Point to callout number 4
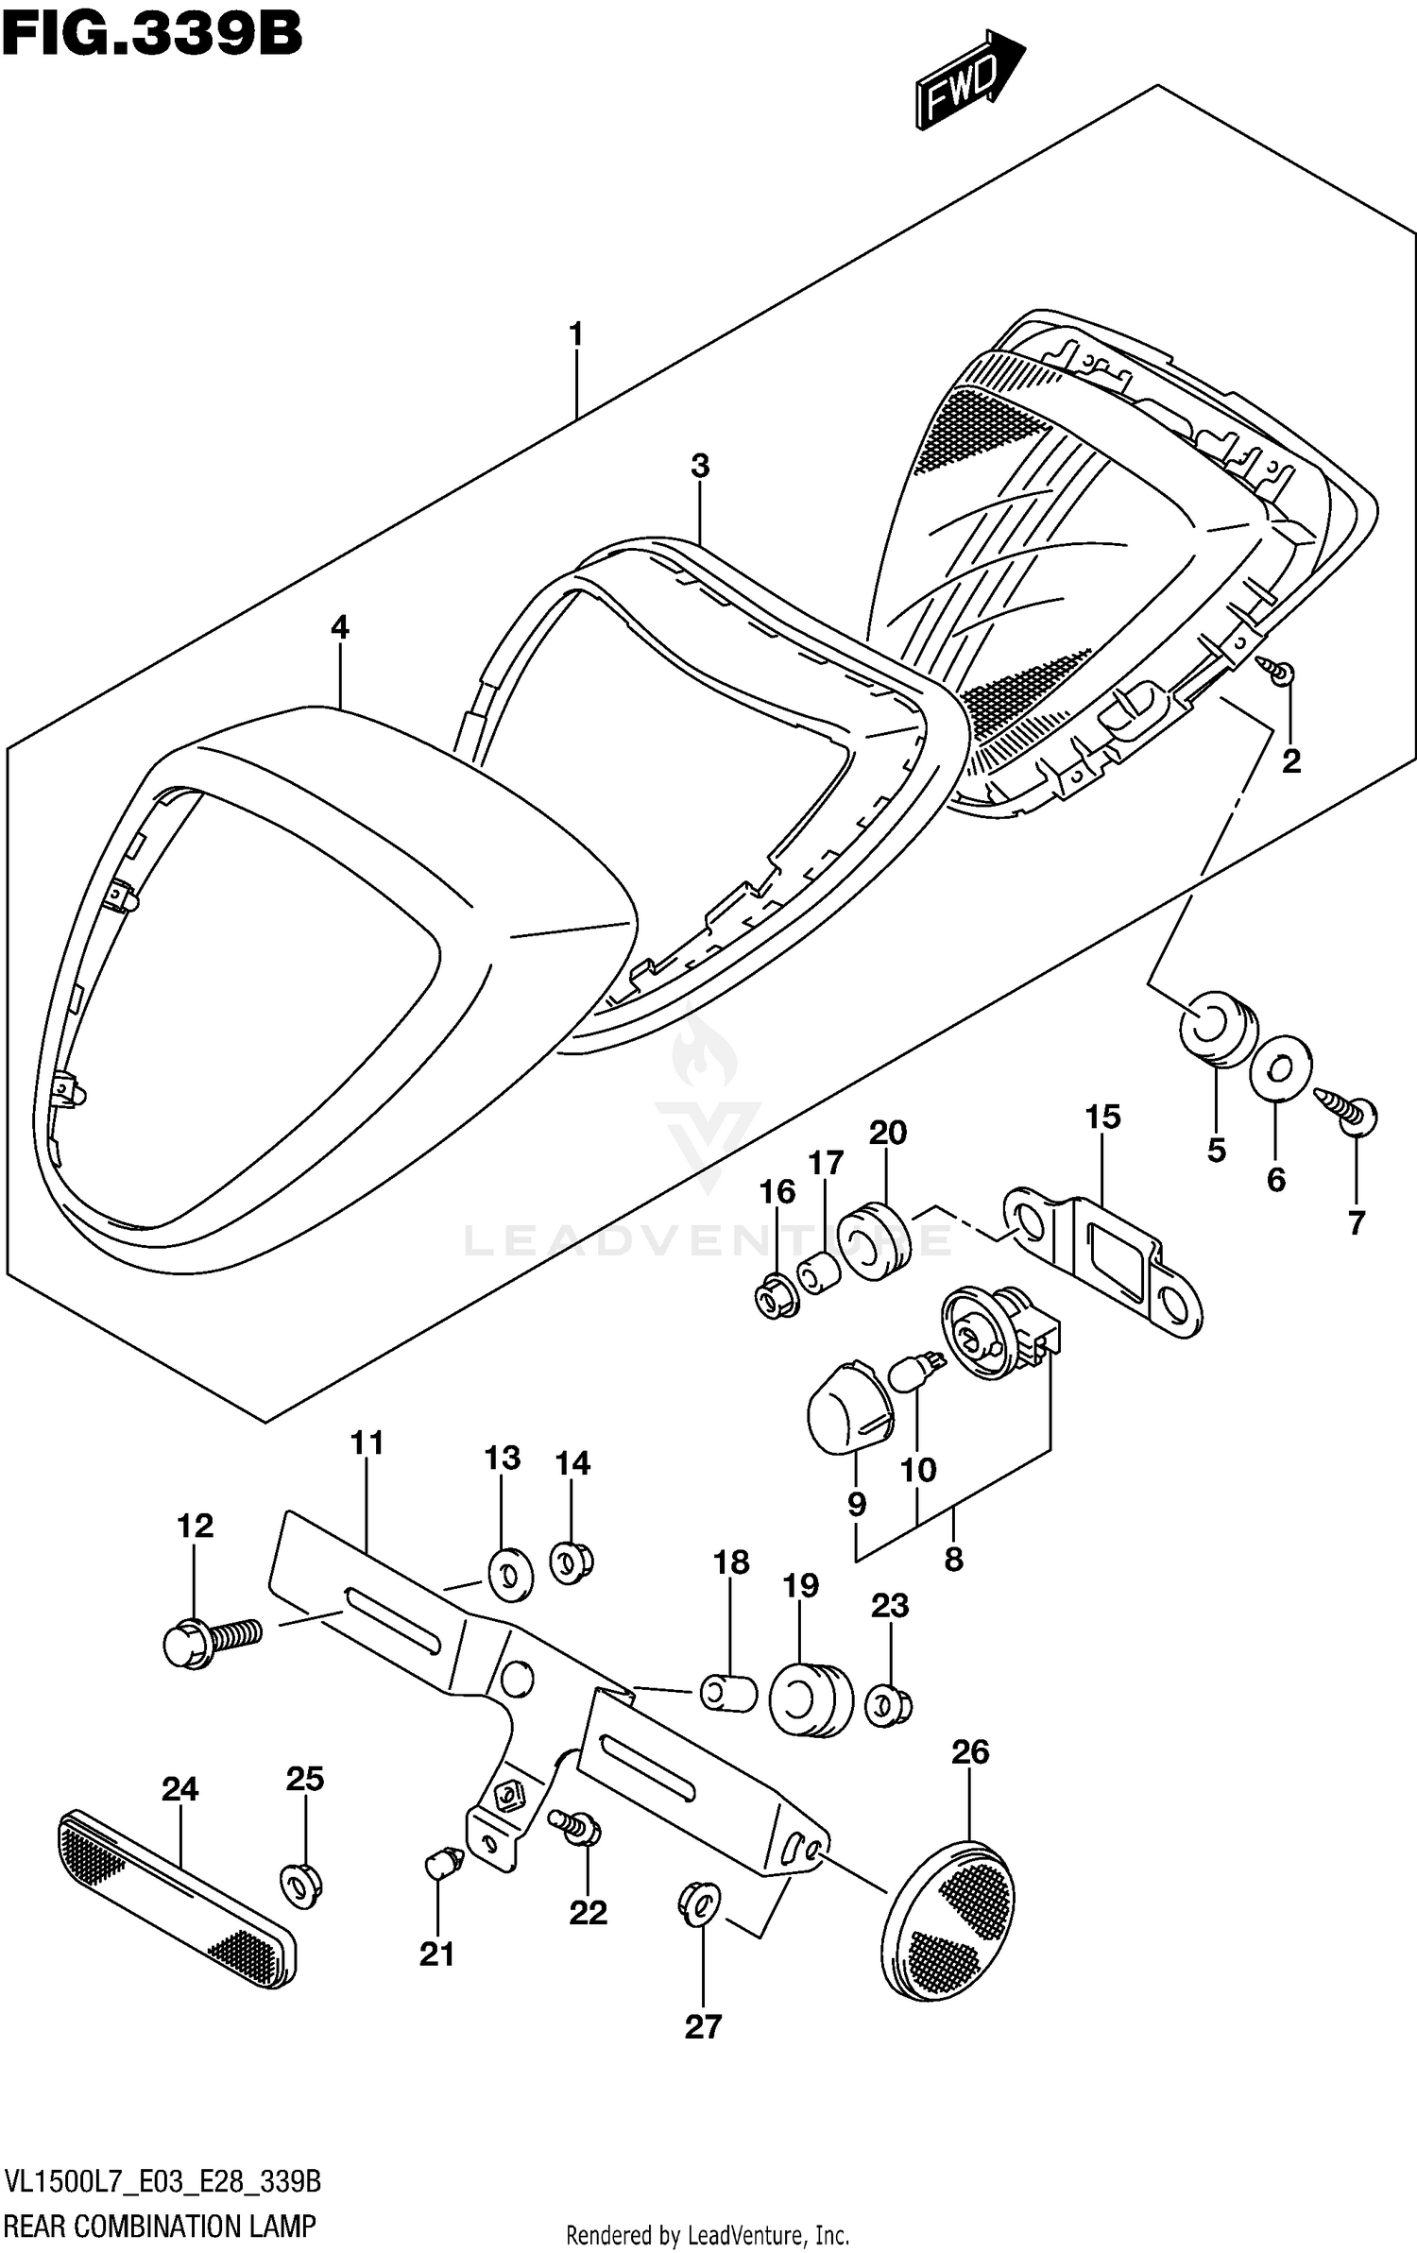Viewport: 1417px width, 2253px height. coord(339,627)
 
